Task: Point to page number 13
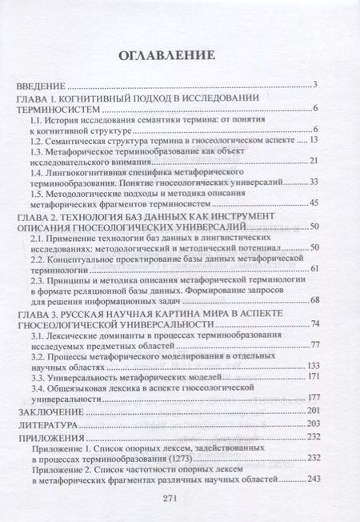(314, 139)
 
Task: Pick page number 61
(314, 268)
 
